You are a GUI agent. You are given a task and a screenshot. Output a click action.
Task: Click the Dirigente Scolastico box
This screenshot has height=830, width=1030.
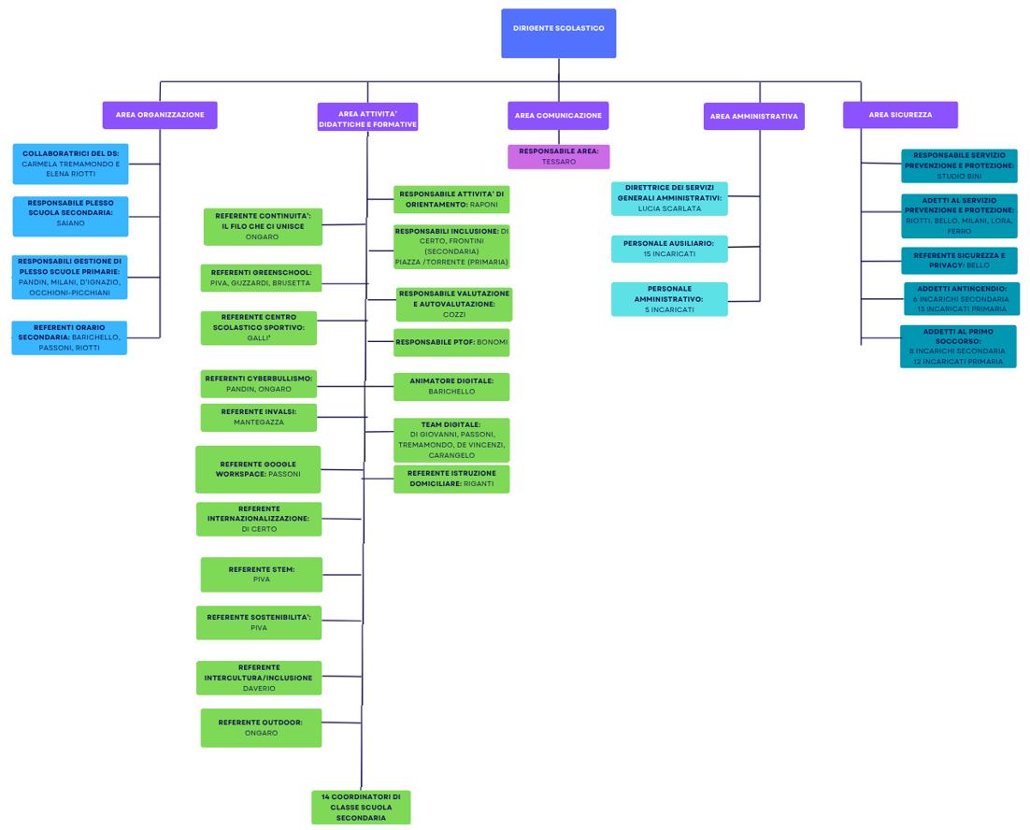558,34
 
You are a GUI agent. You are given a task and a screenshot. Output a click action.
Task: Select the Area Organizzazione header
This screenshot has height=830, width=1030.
160,115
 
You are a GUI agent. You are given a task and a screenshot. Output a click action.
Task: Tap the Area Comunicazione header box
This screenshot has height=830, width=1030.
558,116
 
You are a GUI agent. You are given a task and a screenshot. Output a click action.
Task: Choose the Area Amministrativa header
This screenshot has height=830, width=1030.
753,117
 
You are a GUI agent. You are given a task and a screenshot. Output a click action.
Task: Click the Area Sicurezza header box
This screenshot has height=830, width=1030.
900,115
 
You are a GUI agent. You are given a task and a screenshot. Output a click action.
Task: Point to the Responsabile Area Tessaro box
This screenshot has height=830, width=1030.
559,156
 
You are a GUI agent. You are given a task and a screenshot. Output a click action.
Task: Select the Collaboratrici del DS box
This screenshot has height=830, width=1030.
71,164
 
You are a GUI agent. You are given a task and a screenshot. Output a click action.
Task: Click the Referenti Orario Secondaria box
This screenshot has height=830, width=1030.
69,337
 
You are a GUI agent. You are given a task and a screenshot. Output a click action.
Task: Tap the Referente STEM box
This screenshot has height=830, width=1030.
261,574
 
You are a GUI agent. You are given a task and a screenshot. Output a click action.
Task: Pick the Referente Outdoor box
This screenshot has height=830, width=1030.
261,727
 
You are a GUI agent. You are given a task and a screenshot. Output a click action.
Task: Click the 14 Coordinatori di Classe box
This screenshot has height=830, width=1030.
361,808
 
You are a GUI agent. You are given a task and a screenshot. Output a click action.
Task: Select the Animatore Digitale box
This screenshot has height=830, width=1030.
451,386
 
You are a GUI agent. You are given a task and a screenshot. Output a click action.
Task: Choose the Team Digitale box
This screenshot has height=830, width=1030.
451,439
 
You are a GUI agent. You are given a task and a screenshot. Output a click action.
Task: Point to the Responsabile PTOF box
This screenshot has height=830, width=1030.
451,342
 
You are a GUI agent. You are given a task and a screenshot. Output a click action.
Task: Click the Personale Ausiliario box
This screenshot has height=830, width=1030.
669,249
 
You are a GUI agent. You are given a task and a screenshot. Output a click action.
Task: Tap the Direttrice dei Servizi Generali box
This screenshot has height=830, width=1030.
669,198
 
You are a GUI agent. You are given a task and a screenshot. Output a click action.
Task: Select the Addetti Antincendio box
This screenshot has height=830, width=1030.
961,299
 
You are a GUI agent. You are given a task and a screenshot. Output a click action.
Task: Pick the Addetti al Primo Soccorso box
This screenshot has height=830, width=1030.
958,346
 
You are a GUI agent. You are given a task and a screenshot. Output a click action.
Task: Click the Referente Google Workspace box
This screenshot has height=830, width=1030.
258,469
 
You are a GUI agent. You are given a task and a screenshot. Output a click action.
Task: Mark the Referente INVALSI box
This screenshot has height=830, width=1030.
259,417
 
